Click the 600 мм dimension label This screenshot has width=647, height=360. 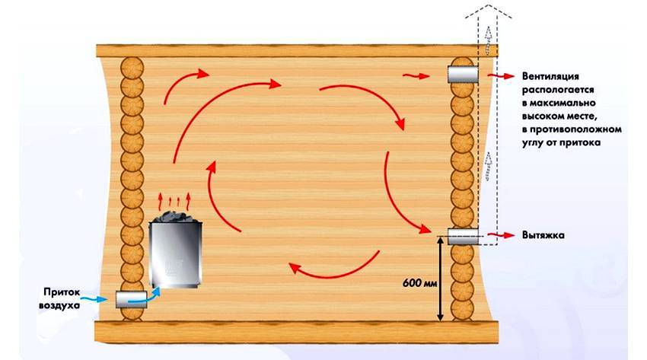(x=419, y=283)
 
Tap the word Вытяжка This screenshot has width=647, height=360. (x=543, y=235)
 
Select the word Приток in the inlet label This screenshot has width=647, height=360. (x=62, y=292)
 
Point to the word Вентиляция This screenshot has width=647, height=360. (x=550, y=76)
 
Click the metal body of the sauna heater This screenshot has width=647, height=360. (x=176, y=254)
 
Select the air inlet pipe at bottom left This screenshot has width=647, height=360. (x=131, y=299)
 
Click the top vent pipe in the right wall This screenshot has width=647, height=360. (x=463, y=75)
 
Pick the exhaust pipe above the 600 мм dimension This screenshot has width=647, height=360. (x=463, y=237)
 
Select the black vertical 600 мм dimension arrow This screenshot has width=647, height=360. (x=440, y=279)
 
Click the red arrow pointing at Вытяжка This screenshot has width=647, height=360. (x=501, y=235)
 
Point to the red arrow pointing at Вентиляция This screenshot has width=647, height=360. (x=501, y=76)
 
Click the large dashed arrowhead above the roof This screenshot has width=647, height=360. (x=489, y=11)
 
